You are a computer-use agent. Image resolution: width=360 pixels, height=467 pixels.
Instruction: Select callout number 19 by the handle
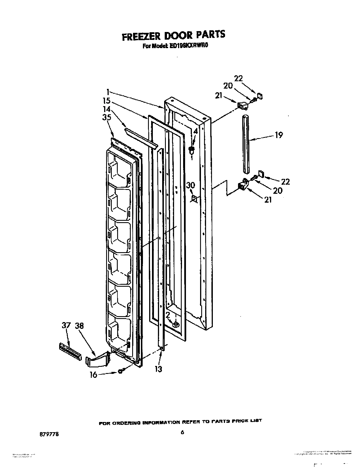point(278,135)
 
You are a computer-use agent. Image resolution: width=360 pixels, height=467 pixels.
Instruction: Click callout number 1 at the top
point(108,91)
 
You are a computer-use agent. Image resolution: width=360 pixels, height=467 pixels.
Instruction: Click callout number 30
point(190,185)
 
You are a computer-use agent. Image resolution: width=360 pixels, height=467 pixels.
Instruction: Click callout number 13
point(158,369)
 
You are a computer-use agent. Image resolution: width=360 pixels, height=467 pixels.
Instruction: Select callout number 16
point(93,375)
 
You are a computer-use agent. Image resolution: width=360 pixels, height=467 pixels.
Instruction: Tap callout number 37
point(66,326)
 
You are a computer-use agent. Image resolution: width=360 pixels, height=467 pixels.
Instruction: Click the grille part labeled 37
point(70,350)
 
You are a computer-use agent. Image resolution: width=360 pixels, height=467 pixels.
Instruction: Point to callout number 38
point(79,326)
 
